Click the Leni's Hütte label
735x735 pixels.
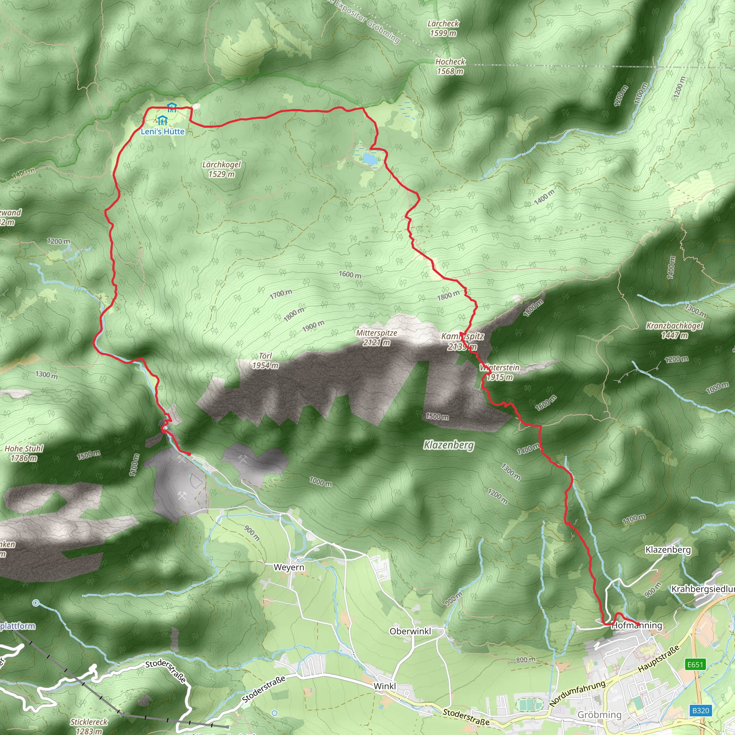(x=163, y=132)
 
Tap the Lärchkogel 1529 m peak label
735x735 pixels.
(x=221, y=169)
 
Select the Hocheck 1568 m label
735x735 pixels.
(x=450, y=66)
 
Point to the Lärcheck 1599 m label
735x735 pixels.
(x=443, y=28)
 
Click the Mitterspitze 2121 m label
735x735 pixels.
(x=376, y=337)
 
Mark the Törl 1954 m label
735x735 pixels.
(x=265, y=361)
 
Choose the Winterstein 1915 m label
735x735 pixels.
(x=500, y=372)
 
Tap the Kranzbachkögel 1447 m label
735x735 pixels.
(x=674, y=330)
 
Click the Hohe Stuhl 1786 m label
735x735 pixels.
(x=24, y=453)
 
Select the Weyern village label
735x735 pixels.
(x=289, y=567)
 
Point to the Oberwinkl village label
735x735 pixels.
(x=411, y=631)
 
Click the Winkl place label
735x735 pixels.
(x=385, y=686)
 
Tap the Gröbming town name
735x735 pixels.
(x=599, y=715)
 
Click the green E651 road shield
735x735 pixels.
(x=695, y=664)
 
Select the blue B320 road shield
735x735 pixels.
(x=701, y=710)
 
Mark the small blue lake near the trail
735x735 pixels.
(x=370, y=158)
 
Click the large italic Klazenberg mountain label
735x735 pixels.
(x=449, y=445)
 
